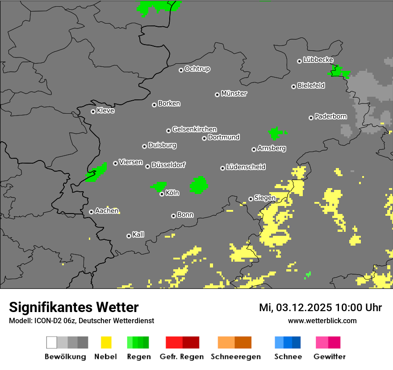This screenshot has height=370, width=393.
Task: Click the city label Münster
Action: (234, 94)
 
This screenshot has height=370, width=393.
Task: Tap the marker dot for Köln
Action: (162, 194)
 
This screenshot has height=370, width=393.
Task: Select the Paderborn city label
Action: (330, 117)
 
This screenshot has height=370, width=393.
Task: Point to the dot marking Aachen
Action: (91, 212)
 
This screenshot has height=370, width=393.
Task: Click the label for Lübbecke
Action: (318, 60)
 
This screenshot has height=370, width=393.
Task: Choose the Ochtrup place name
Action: (197, 69)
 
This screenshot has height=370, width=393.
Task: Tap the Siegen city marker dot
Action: (251, 199)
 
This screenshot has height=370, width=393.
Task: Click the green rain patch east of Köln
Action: (199, 185)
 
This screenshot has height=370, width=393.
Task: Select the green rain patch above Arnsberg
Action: (276, 133)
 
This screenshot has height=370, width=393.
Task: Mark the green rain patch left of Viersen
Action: (97, 173)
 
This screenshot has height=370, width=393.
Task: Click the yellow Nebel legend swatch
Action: (106, 342)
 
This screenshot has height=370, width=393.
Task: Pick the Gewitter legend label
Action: (329, 357)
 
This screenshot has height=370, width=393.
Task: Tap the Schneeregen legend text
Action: (235, 357)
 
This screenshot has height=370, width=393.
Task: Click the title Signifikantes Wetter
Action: (74, 307)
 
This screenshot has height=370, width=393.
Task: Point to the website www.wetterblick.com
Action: (322, 321)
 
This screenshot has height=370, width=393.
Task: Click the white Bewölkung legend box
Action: (51, 342)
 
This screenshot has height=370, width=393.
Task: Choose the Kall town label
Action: (138, 234)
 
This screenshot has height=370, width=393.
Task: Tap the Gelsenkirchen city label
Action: (194, 129)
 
